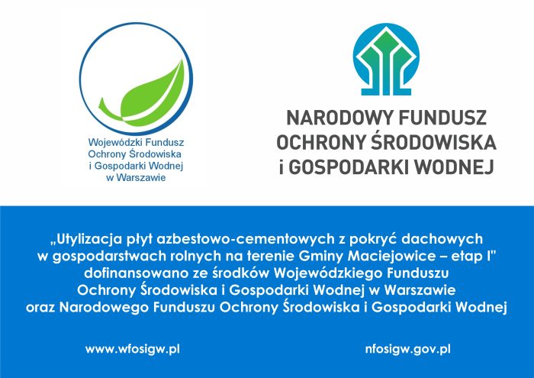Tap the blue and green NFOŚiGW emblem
point(386,59)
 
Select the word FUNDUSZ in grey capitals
point(442,118)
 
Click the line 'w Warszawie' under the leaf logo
point(137,178)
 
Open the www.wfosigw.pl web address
point(133,350)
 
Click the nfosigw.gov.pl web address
point(407,350)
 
